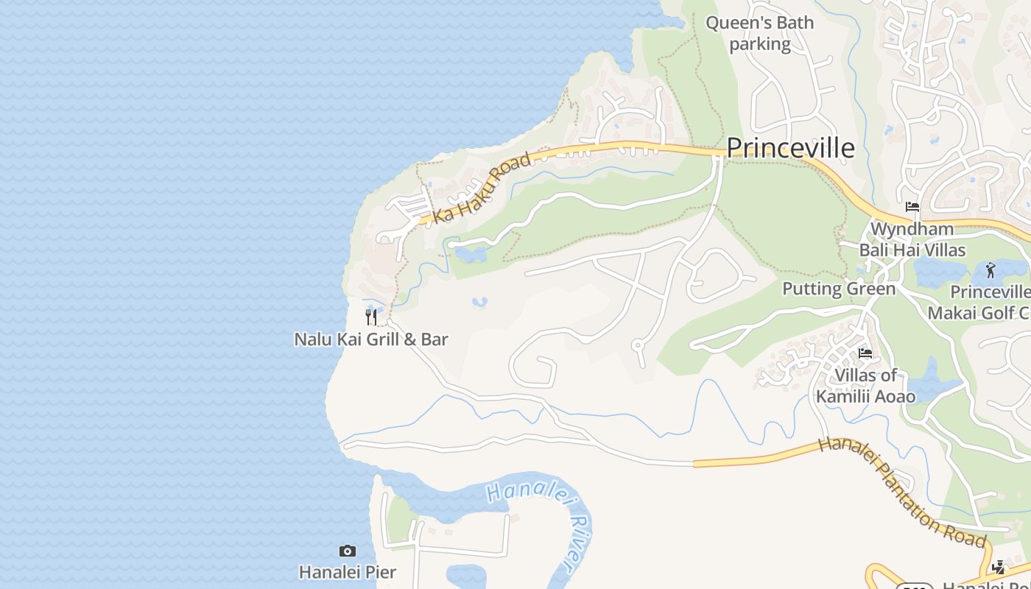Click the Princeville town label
pos(790,148)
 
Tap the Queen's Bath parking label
pos(759,33)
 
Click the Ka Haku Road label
pos(482,188)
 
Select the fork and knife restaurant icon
pos(371,317)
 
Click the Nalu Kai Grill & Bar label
pos(371,339)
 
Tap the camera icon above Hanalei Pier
pos(347,551)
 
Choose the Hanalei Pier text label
pos(347,572)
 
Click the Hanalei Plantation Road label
pos(902,492)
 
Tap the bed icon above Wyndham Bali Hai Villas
pos(912,207)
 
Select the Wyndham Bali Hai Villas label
pos(912,239)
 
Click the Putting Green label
pos(839,288)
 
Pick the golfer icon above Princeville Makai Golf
pos(990,270)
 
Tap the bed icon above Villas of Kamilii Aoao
pos(865,353)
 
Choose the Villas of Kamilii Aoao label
pos(865,386)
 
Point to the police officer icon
pos(998,568)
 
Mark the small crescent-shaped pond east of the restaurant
pos(479,302)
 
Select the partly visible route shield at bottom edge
pos(914,585)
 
